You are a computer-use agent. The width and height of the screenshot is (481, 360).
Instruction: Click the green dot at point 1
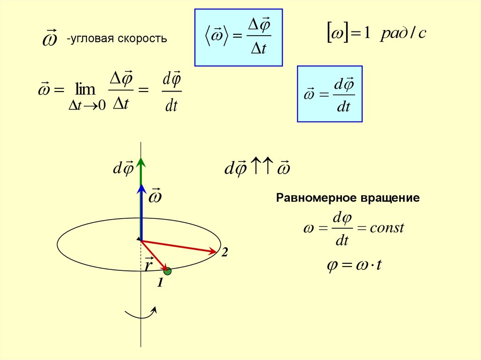(x=168, y=271)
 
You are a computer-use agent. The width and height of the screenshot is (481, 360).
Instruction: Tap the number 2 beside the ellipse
(x=225, y=253)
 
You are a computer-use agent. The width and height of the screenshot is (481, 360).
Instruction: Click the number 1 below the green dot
(x=160, y=283)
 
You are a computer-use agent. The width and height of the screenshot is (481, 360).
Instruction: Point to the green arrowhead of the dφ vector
(x=141, y=162)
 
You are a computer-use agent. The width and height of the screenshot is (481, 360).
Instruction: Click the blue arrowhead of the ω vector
(x=141, y=189)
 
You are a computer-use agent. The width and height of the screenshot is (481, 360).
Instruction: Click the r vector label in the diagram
(x=149, y=265)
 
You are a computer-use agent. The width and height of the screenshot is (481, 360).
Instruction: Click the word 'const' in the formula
(x=387, y=229)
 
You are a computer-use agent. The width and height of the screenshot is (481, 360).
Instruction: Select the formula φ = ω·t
(x=355, y=265)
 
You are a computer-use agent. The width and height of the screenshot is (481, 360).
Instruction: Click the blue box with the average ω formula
(x=238, y=37)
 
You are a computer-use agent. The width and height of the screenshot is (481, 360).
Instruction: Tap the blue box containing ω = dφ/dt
(x=330, y=94)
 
